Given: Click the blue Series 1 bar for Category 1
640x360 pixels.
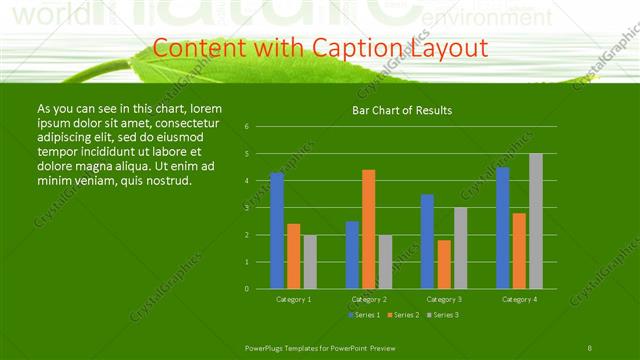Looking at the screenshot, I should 277,231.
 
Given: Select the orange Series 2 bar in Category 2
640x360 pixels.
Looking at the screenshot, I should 368,229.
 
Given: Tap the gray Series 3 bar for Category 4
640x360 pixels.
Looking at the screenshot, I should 536,221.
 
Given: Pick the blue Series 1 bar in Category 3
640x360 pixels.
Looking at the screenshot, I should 427,241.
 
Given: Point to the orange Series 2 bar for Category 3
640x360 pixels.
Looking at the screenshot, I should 443,264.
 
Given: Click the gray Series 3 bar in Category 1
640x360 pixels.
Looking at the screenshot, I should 309,262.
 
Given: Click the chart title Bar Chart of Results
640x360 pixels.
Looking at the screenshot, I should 402,110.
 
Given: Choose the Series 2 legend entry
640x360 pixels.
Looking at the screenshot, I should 401,315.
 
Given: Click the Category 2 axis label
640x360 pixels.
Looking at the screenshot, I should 369,299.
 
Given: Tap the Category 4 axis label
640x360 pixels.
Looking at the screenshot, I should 519,299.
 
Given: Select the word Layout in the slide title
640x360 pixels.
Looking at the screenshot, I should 450,48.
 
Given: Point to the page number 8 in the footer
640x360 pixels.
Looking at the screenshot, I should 590,346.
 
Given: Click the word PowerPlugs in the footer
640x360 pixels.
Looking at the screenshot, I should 264,346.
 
